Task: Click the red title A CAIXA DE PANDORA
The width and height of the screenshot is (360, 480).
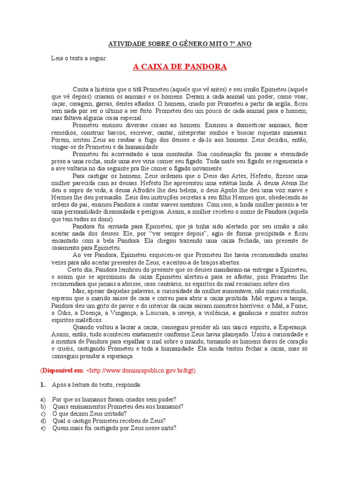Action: [x=180, y=67]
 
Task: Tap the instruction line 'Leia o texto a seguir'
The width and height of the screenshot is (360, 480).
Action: [x=79, y=58]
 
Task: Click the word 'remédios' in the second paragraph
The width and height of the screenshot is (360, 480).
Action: [x=63, y=133]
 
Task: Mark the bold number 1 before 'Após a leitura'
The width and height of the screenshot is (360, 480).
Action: [x=42, y=384]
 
